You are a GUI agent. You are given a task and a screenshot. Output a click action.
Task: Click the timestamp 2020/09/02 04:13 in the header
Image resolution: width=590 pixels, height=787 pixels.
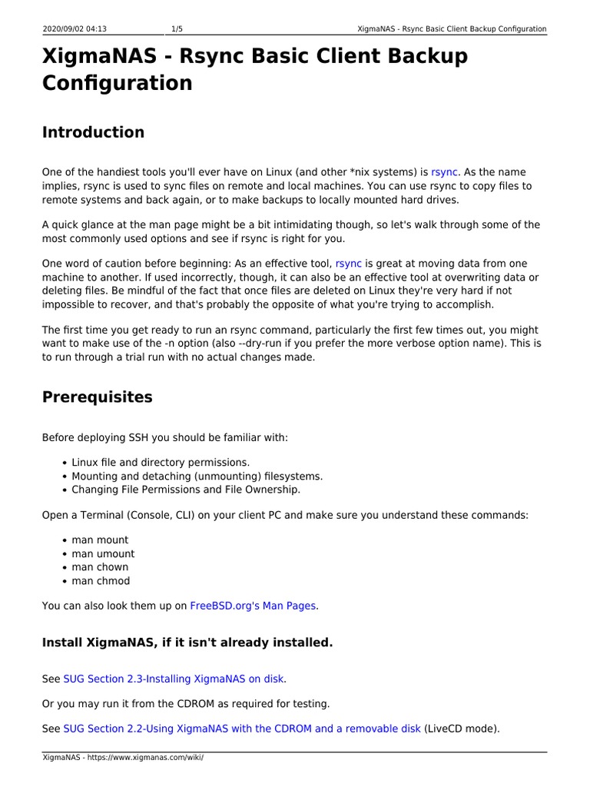pyautogui.click(x=75, y=29)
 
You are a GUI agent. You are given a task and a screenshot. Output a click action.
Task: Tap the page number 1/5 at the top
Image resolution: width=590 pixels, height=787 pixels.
pyautogui.click(x=177, y=29)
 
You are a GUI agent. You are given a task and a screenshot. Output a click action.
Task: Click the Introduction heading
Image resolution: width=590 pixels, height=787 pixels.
pyautogui.click(x=93, y=132)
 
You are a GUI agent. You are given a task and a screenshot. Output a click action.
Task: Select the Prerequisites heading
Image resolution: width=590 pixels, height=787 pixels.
pyautogui.click(x=97, y=397)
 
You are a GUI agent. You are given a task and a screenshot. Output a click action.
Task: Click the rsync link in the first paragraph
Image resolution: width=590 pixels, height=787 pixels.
pyautogui.click(x=444, y=172)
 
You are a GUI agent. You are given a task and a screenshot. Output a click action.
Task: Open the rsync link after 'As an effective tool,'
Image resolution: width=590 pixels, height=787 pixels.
pyautogui.click(x=349, y=264)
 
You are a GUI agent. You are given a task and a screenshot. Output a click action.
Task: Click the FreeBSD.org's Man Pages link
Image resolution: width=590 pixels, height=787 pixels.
pyautogui.click(x=253, y=606)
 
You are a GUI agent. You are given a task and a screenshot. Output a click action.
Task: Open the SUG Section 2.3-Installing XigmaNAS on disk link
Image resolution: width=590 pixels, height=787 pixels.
pyautogui.click(x=174, y=679)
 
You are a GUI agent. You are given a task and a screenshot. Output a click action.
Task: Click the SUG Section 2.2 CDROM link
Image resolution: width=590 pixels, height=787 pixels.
pyautogui.click(x=242, y=729)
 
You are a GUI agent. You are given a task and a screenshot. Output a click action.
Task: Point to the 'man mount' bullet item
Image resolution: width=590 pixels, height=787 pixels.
pyautogui.click(x=100, y=540)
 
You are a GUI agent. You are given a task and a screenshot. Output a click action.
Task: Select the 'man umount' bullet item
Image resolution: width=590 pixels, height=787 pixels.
pyautogui.click(x=103, y=553)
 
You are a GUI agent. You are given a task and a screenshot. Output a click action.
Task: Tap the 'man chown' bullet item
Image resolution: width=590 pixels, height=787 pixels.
pyautogui.click(x=100, y=567)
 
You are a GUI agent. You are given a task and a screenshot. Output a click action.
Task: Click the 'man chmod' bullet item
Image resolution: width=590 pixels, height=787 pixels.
pyautogui.click(x=101, y=581)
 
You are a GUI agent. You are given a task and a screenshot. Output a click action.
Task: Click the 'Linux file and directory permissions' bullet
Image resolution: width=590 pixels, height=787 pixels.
pyautogui.click(x=161, y=462)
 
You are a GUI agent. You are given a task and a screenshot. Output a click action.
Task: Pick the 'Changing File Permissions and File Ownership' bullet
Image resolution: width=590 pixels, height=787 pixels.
pyautogui.click(x=186, y=490)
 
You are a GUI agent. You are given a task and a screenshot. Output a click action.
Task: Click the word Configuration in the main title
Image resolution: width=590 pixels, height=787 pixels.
pyautogui.click(x=118, y=83)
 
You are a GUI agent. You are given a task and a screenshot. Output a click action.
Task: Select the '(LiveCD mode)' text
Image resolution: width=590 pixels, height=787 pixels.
pyautogui.click(x=462, y=729)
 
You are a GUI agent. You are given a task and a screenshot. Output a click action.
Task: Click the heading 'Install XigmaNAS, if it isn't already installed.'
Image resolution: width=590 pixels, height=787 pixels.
pyautogui.click(x=187, y=643)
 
